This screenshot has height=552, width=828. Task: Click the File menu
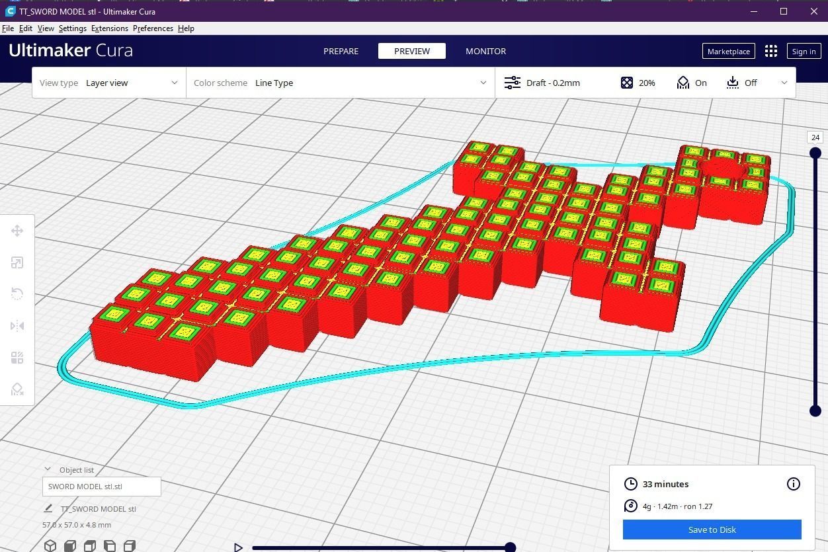point(8,28)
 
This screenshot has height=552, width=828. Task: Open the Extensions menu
point(110,28)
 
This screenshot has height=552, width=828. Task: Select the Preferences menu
point(153,28)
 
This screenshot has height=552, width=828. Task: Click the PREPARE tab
point(341,51)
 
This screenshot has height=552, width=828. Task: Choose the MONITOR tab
point(485,51)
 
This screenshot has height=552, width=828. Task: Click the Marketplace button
point(728,51)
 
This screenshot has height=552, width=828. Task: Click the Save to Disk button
point(712,530)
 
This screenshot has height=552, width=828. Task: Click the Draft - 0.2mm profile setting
point(552,83)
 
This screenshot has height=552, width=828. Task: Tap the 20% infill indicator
point(639,83)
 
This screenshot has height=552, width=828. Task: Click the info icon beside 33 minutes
point(794,484)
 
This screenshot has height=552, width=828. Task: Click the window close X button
point(814,11)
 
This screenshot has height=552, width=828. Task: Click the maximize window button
point(784,11)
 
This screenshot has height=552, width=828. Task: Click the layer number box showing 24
point(815,138)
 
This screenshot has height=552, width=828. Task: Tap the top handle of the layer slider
point(815,153)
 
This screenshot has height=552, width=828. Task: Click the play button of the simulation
point(238,547)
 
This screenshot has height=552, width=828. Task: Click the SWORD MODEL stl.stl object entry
point(101,487)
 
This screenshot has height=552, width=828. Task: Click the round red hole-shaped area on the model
point(721,167)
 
